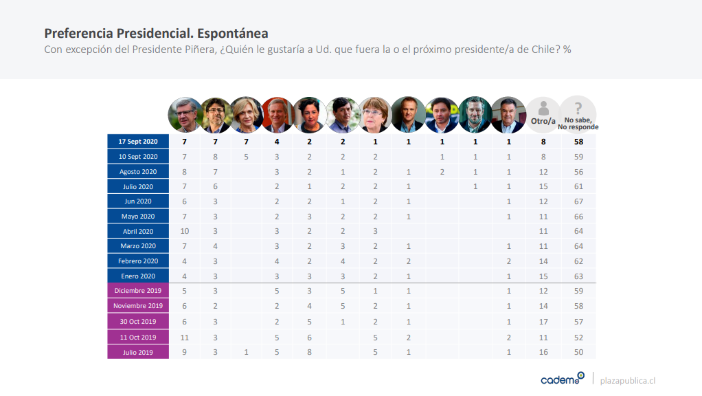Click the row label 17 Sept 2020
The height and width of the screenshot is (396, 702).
pyautogui.click(x=138, y=141)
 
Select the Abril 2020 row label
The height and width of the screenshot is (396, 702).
pyautogui.click(x=138, y=231)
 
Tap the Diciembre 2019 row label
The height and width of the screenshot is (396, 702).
pyautogui.click(x=138, y=291)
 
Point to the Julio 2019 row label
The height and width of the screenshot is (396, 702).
pyautogui.click(x=138, y=352)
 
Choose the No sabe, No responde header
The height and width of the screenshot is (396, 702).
pyautogui.click(x=578, y=114)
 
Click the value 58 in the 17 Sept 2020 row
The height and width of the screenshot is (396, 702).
pyautogui.click(x=578, y=141)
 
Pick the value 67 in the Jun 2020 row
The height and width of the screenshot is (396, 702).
pyautogui.click(x=578, y=201)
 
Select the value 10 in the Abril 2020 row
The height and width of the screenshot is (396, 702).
pyautogui.click(x=183, y=231)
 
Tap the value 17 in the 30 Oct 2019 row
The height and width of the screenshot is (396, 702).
pyautogui.click(x=543, y=322)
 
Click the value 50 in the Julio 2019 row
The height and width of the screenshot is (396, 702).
pyautogui.click(x=578, y=352)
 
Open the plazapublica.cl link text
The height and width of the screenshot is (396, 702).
pyautogui.click(x=628, y=380)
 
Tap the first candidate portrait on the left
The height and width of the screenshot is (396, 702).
pyautogui.click(x=184, y=114)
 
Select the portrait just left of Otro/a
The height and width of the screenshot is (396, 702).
pyautogui.click(x=508, y=114)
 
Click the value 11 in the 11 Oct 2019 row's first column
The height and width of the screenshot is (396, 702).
pyautogui.click(x=183, y=337)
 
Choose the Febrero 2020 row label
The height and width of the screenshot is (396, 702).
pyautogui.click(x=138, y=261)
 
